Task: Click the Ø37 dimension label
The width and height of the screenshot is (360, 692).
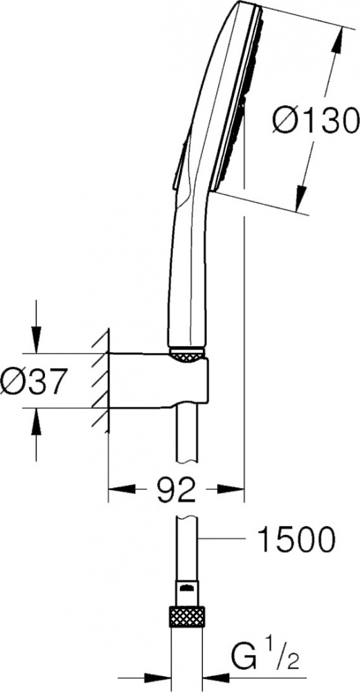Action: point(33,381)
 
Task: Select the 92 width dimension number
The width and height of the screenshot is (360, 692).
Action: point(177,489)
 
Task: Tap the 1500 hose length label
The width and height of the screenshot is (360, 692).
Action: point(297,538)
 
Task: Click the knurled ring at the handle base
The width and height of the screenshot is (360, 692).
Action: point(186,355)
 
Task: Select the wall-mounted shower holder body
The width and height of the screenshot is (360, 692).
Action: point(158,379)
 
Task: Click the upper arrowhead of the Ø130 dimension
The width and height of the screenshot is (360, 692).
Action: point(339,39)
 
